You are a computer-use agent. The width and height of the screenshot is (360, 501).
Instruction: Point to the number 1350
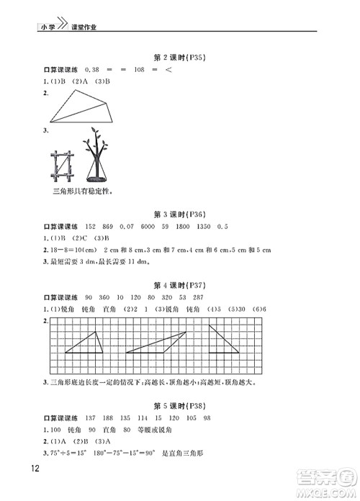click(202, 227)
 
